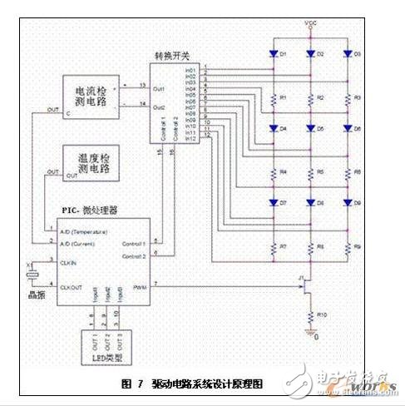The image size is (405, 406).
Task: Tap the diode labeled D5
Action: (311, 131)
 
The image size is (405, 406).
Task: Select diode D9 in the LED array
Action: (348, 203)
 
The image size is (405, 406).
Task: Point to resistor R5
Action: (311, 172)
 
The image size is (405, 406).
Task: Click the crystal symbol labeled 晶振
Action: (32, 271)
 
